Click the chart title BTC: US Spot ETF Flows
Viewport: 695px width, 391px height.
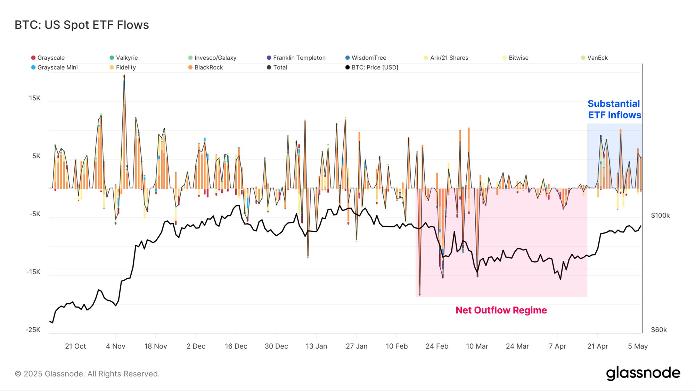pos(82,25)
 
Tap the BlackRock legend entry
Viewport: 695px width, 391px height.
pos(208,67)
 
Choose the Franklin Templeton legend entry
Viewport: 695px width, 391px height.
pos(299,58)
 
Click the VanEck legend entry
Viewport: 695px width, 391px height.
pos(597,58)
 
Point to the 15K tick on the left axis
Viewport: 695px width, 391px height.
pos(35,98)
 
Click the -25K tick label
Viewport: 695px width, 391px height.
pos(33,330)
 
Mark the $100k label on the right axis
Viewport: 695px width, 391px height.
pos(660,215)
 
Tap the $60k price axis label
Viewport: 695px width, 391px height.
pos(659,330)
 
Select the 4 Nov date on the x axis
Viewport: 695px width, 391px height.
pos(116,346)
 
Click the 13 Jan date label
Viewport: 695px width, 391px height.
pos(316,346)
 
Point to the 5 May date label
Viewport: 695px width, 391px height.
pos(638,346)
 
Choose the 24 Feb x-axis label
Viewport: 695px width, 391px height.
pos(437,346)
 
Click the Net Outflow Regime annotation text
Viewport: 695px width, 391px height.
pos(501,310)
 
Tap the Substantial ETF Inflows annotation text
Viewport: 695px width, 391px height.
pos(614,109)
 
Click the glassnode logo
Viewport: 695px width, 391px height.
pos(643,373)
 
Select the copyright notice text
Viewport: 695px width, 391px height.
pos(87,374)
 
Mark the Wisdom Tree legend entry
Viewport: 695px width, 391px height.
pos(368,58)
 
